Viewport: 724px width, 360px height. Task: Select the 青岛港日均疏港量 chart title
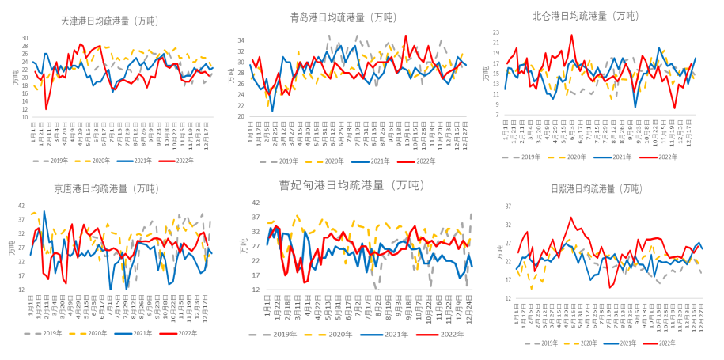343,17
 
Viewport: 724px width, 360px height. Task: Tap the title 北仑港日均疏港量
586,16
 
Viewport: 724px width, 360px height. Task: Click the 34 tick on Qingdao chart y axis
241,40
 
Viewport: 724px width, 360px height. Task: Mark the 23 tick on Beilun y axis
496,32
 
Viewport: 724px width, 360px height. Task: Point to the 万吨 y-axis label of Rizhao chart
498,252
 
